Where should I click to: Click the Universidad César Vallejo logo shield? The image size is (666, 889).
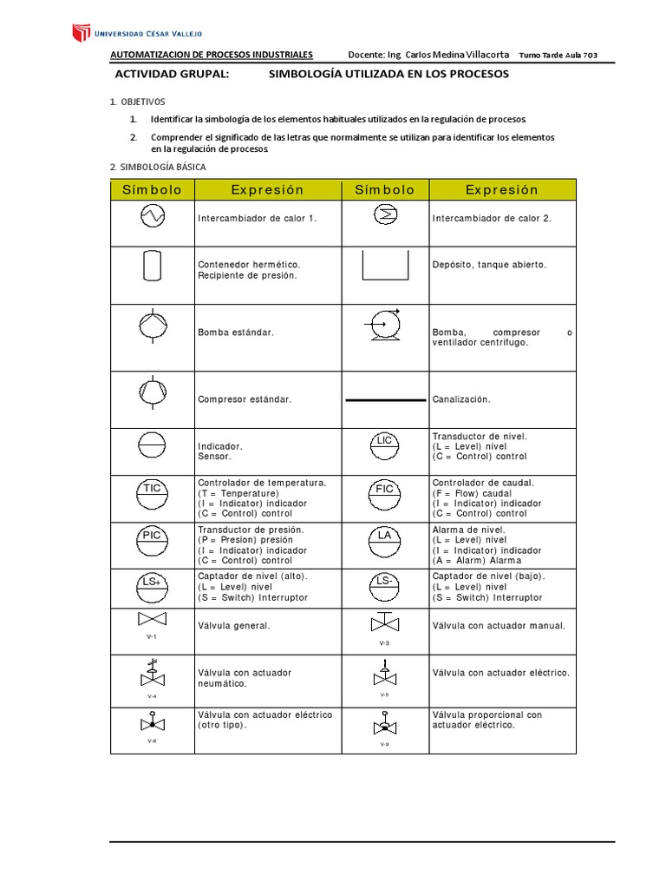tap(80, 34)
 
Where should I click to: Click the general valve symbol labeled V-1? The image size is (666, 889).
tap(153, 621)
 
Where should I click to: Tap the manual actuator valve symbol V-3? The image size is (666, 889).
tap(385, 622)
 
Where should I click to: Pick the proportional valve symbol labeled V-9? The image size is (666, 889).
tap(385, 725)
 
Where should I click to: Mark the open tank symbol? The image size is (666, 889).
tap(385, 267)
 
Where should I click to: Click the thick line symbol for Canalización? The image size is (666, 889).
tap(385, 400)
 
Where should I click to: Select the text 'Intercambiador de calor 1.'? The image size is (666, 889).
tap(258, 219)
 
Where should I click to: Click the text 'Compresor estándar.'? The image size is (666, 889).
tap(245, 399)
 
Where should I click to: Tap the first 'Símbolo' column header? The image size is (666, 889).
tap(153, 190)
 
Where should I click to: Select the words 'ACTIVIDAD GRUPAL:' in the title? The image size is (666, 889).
tap(172, 75)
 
